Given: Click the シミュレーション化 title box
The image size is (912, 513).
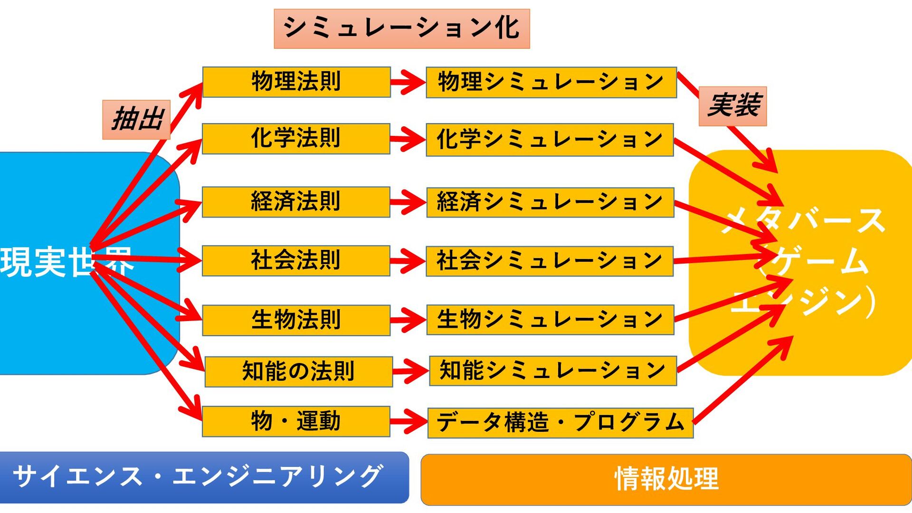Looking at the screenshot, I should pyautogui.click(x=402, y=28).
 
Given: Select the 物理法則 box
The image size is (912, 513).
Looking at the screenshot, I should pyautogui.click(x=296, y=82).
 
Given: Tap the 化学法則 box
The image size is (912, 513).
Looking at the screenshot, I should pyautogui.click(x=296, y=139).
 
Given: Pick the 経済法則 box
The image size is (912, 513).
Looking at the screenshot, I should pyautogui.click(x=296, y=202).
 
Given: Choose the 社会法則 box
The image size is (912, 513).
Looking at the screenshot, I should pyautogui.click(x=296, y=261).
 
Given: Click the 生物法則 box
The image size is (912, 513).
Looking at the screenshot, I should pyautogui.click(x=296, y=320).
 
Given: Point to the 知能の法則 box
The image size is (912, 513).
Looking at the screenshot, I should pyautogui.click(x=299, y=371).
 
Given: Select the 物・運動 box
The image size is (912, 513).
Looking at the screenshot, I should pyautogui.click(x=296, y=421).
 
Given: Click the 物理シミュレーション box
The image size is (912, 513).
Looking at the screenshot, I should pyautogui.click(x=551, y=82).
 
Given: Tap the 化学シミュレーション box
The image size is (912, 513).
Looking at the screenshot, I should pyautogui.click(x=550, y=140).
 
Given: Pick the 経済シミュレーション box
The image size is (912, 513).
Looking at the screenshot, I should pyautogui.click(x=550, y=202).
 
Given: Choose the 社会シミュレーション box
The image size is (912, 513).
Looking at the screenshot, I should pyautogui.click(x=550, y=261).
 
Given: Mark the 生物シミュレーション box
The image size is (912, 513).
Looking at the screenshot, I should pyautogui.click(x=550, y=320).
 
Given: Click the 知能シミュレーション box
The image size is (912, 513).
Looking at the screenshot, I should pyautogui.click(x=553, y=370).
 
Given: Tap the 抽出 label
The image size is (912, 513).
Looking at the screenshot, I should pyautogui.click(x=136, y=119).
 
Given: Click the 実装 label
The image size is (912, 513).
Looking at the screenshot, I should pyautogui.click(x=732, y=106).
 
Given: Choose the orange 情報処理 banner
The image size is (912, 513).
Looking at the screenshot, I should pyautogui.click(x=666, y=479).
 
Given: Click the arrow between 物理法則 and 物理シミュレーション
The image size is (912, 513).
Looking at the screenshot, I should pyautogui.click(x=408, y=82).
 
